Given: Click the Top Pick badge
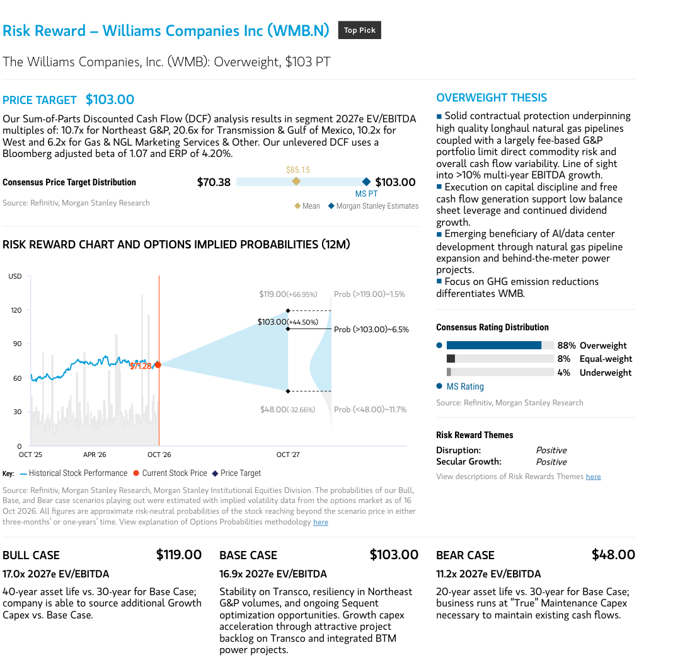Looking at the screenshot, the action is pyautogui.click(x=359, y=30).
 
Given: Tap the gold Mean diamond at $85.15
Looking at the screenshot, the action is pyautogui.click(x=296, y=181).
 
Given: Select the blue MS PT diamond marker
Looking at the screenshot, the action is pyautogui.click(x=366, y=182).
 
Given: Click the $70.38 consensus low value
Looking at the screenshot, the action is pyautogui.click(x=214, y=182).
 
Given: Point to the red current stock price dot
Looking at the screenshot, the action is pyautogui.click(x=158, y=364).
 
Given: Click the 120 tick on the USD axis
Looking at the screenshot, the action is pyautogui.click(x=16, y=310).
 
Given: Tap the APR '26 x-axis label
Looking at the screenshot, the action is pyautogui.click(x=95, y=455).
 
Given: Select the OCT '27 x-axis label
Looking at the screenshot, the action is pyautogui.click(x=288, y=455).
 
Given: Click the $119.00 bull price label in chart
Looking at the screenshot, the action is pyautogui.click(x=288, y=294).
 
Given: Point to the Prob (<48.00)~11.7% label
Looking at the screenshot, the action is pyautogui.click(x=370, y=410).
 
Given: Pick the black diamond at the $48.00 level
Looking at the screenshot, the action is pyautogui.click(x=288, y=391).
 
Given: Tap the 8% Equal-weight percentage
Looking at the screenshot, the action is pyautogui.click(x=564, y=359).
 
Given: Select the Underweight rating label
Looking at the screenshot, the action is pyautogui.click(x=606, y=373).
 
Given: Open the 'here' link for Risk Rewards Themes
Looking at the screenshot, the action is pyautogui.click(x=593, y=477).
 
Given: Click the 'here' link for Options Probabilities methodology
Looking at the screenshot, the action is pyautogui.click(x=321, y=522).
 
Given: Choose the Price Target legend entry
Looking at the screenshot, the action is pyautogui.click(x=237, y=473).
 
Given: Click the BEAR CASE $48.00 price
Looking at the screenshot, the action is pyautogui.click(x=613, y=555).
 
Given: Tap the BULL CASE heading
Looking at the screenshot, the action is pyautogui.click(x=31, y=555).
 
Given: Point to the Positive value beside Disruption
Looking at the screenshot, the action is pyautogui.click(x=551, y=450).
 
